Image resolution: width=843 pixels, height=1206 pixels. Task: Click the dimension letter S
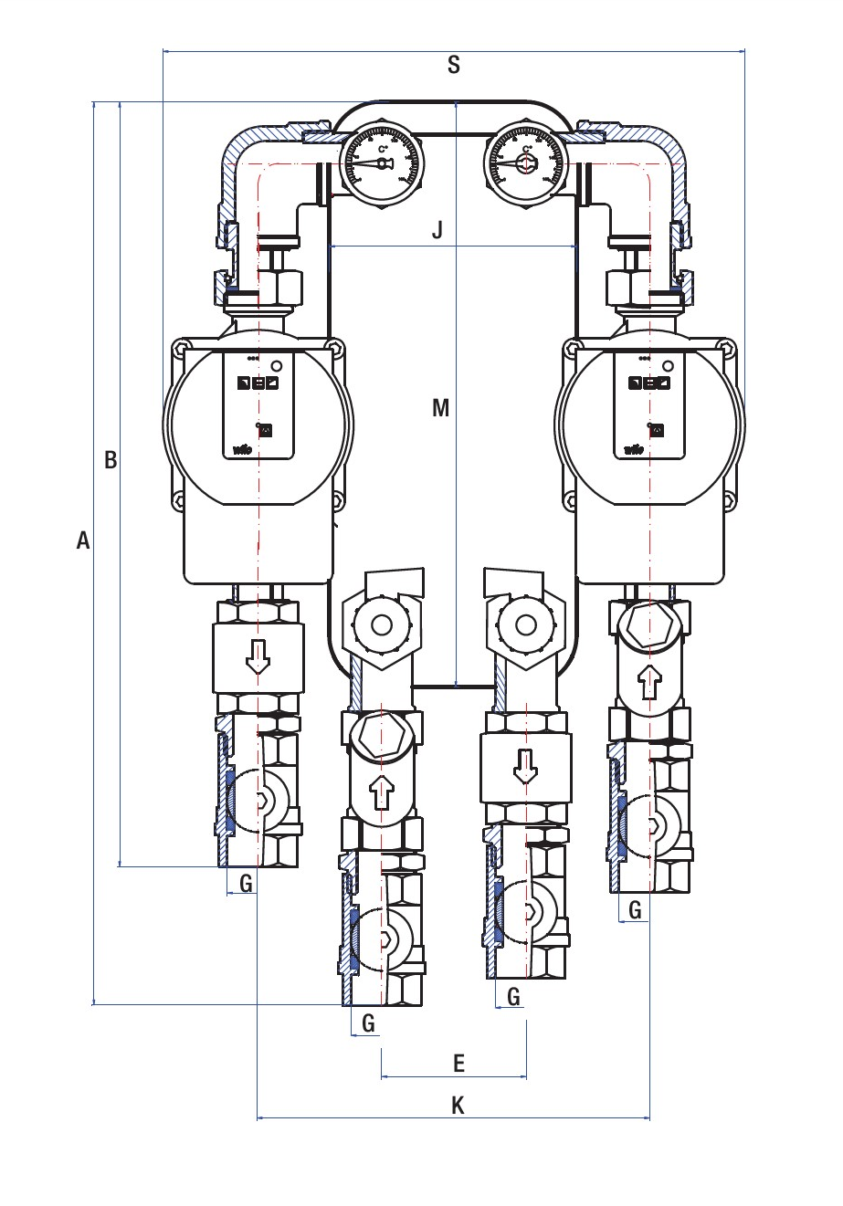pos(454,65)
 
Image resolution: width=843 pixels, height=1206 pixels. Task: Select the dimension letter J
pos(437,230)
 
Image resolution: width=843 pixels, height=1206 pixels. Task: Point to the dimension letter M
pos(441,408)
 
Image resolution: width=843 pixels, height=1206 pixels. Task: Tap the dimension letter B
pos(111,460)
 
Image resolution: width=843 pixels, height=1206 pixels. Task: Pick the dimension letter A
pos(83,541)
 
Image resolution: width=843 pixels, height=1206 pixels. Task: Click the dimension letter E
pos(459,1064)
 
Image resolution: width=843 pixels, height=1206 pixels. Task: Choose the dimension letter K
pos(458,1106)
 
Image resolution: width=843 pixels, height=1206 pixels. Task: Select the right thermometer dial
pos(525,162)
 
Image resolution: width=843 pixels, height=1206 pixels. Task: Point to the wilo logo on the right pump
pos(632,448)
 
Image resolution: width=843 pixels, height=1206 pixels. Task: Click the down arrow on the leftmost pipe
pos(258,656)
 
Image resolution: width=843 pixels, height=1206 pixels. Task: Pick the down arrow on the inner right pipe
pos(525,765)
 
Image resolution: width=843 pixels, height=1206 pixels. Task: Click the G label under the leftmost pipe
pos(246,883)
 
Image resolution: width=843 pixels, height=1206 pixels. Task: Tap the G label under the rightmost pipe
pos(636,909)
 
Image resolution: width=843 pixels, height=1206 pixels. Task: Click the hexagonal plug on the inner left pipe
pos(383,736)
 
